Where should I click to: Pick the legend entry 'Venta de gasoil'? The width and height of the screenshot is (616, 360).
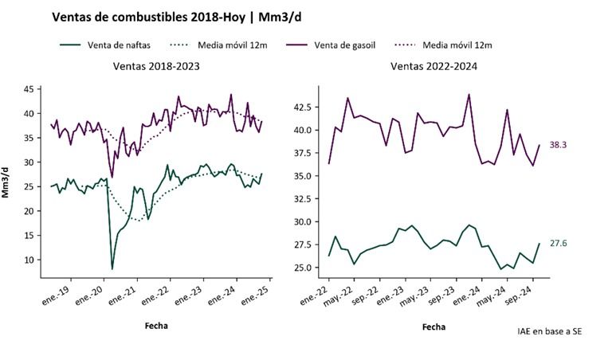pos(355,45)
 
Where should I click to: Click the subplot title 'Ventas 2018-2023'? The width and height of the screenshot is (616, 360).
pos(156,66)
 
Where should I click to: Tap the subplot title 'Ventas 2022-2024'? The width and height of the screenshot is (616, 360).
pos(434,66)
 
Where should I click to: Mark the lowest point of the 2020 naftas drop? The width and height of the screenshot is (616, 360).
pos(112,268)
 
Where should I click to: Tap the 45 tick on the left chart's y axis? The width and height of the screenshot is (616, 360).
pos(28,89)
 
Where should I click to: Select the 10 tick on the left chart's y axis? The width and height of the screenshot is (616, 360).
pos(28,260)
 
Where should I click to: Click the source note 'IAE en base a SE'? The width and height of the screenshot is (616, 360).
pos(549,330)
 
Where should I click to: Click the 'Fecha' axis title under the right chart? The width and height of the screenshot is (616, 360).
pos(434,326)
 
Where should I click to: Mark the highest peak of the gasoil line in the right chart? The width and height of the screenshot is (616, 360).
pos(469,95)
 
